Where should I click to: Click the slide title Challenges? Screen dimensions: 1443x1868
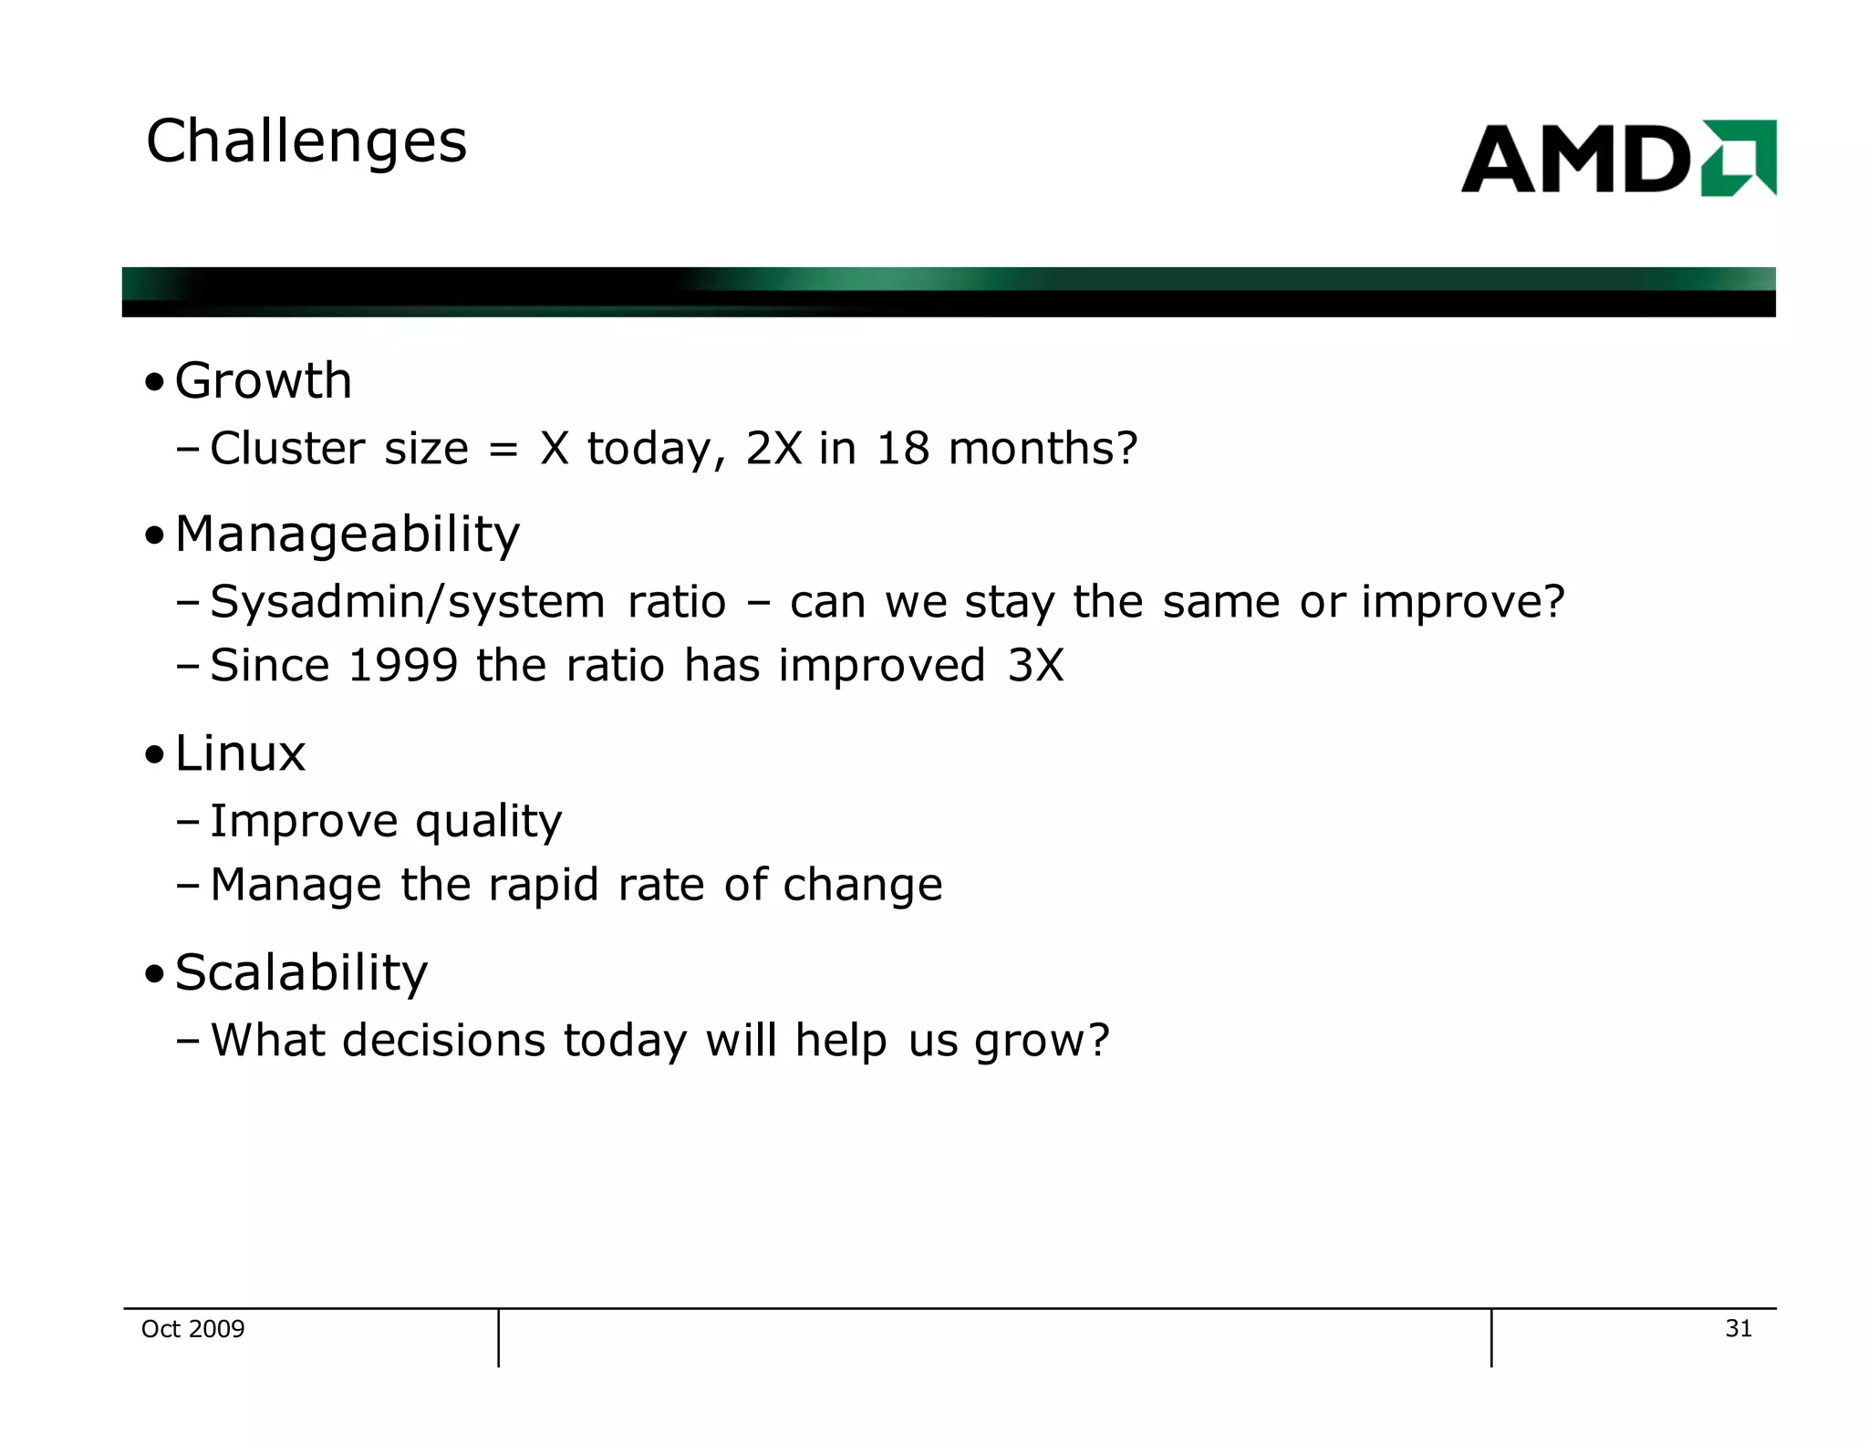(x=306, y=142)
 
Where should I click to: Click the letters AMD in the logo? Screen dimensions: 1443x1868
(x=1576, y=160)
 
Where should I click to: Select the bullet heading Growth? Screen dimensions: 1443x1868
(x=263, y=380)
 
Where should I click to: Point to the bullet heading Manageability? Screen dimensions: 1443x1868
(x=347, y=534)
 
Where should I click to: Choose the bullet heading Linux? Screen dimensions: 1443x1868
(x=240, y=753)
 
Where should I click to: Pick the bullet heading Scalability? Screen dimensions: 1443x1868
(x=301, y=972)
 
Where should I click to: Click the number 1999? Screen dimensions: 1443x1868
(x=403, y=665)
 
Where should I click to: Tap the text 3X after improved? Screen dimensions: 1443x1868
(x=1035, y=665)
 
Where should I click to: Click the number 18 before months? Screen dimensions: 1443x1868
(x=902, y=449)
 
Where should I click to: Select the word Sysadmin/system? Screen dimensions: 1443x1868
(x=407, y=602)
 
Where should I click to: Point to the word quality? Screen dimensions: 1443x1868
(x=489, y=822)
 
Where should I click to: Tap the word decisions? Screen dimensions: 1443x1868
(x=443, y=1041)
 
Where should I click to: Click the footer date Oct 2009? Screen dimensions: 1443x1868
(x=192, y=1329)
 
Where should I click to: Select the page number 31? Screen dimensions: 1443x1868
(x=1738, y=1329)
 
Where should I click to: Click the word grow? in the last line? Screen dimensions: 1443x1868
(x=1042, y=1042)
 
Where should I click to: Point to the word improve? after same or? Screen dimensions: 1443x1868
(x=1462, y=602)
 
